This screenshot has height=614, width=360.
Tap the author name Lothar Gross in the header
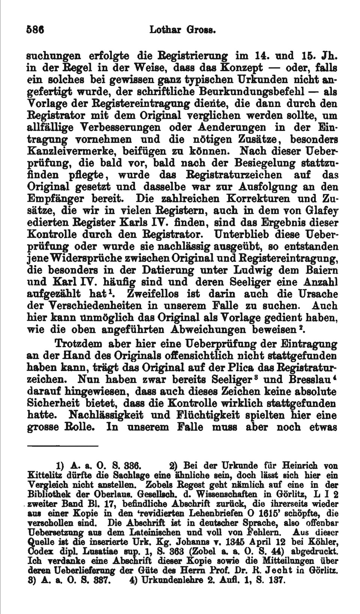pyautogui.click(x=182, y=30)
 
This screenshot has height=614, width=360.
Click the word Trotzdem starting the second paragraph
pyautogui.click(x=78, y=344)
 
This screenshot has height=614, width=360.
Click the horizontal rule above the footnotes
pyautogui.click(x=63, y=446)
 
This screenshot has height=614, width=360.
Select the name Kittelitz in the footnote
pyautogui.click(x=40, y=475)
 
